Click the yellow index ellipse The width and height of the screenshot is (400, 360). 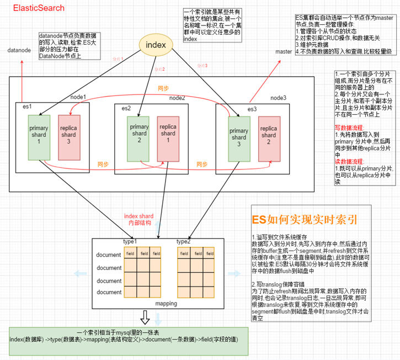pos(156,45)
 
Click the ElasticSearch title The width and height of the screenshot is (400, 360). pos(39,8)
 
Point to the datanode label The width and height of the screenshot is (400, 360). pos(19,50)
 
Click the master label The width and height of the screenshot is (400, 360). pos(284,51)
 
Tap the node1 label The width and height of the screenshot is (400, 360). pos(78,97)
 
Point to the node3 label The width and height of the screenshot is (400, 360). pos(278,98)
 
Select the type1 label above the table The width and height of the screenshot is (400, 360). pos(131,242)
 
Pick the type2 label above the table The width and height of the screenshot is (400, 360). pos(184,242)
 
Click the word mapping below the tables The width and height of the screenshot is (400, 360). pos(166,304)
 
